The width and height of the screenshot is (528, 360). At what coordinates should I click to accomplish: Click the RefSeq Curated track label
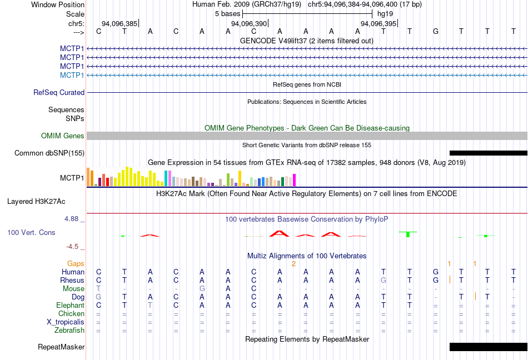pos(59,93)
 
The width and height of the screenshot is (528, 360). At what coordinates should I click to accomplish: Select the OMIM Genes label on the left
pos(63,136)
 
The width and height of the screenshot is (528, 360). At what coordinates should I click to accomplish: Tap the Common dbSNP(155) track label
pos(49,153)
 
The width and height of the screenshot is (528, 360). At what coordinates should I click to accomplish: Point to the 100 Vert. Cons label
pos(31,232)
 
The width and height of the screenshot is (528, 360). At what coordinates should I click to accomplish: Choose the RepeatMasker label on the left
pos(61,347)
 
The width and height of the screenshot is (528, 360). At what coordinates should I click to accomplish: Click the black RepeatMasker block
pos(488,347)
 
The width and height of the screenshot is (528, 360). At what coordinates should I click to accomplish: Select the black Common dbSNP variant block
pos(488,153)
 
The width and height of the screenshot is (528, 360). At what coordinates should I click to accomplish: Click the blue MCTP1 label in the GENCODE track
pos(72,75)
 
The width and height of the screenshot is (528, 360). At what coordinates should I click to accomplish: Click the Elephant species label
pos(70,306)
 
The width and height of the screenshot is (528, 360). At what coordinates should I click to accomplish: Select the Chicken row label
pos(71,314)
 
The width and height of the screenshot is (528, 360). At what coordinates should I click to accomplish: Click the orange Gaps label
pos(76,263)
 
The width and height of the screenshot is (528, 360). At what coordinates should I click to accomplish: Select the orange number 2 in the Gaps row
pos(293,263)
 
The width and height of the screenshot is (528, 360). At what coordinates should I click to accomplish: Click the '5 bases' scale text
pos(227,14)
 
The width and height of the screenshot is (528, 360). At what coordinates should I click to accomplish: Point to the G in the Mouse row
pos(202,289)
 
